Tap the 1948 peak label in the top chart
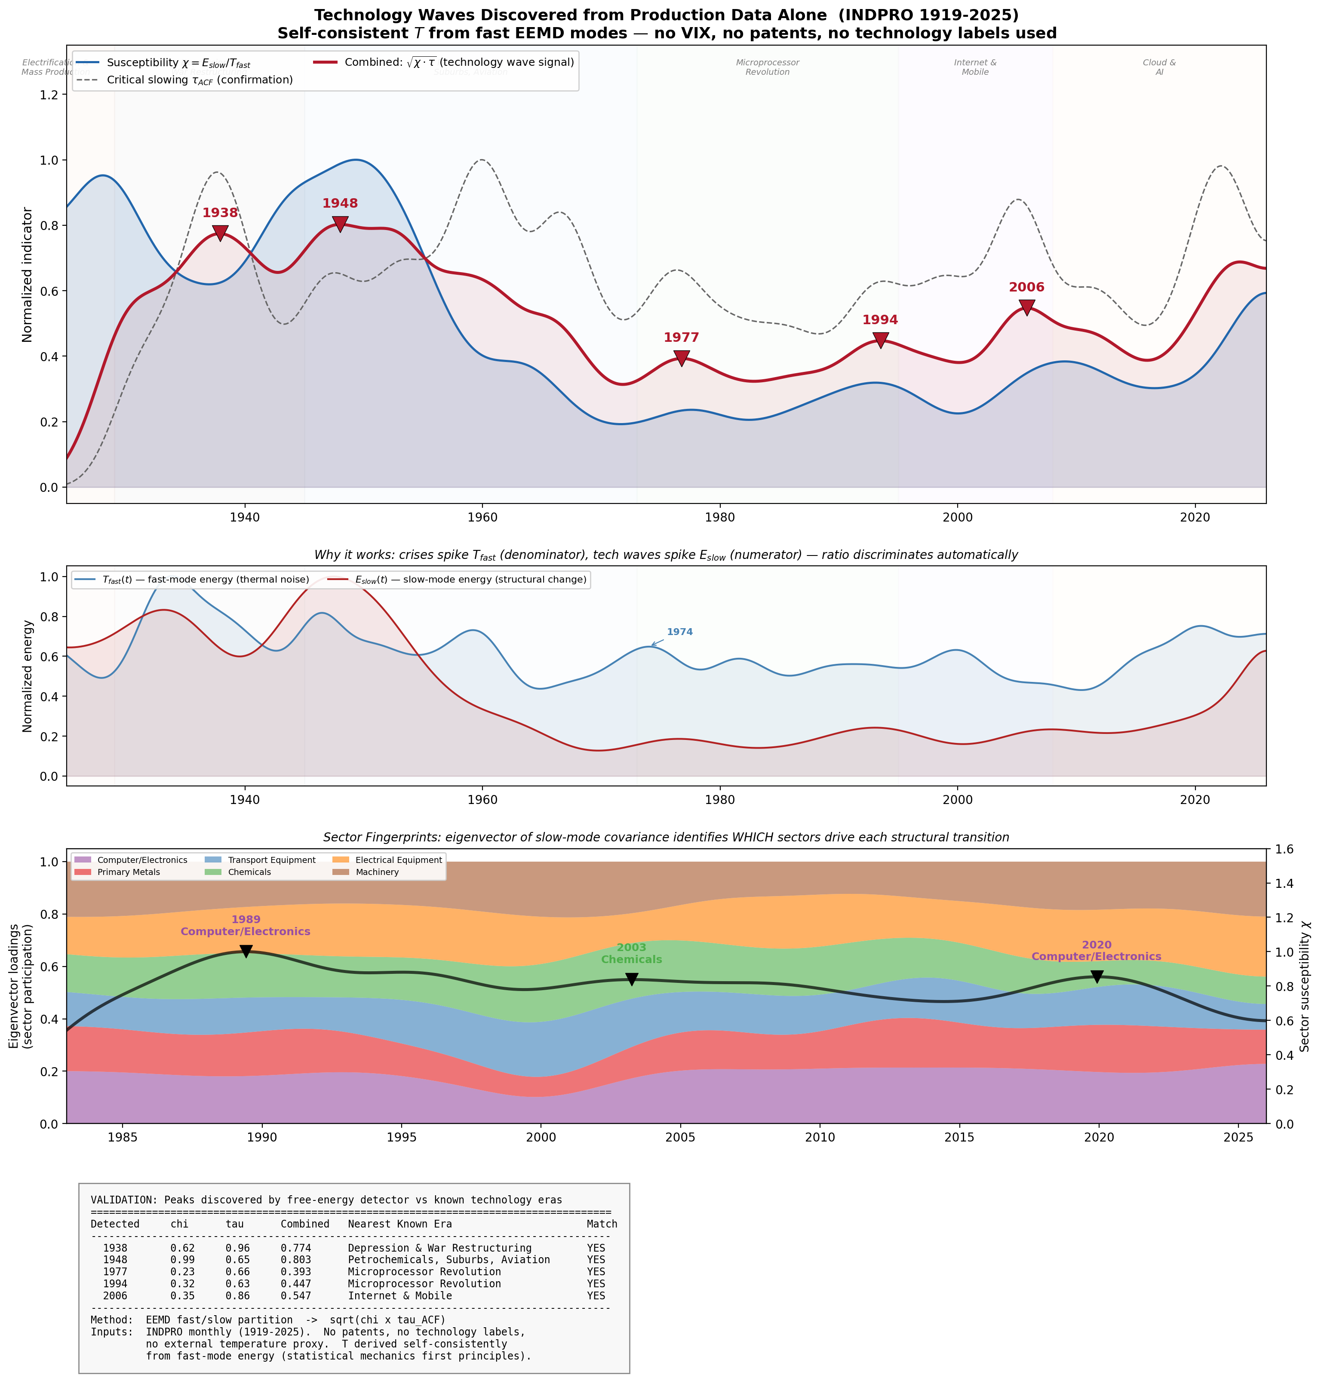click(340, 204)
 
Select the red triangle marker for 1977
click(681, 358)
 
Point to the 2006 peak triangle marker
click(1027, 307)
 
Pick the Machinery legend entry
click(377, 872)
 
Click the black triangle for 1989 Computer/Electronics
click(246, 951)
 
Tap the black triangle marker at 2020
click(1097, 976)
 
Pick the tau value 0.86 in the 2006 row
click(238, 1296)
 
